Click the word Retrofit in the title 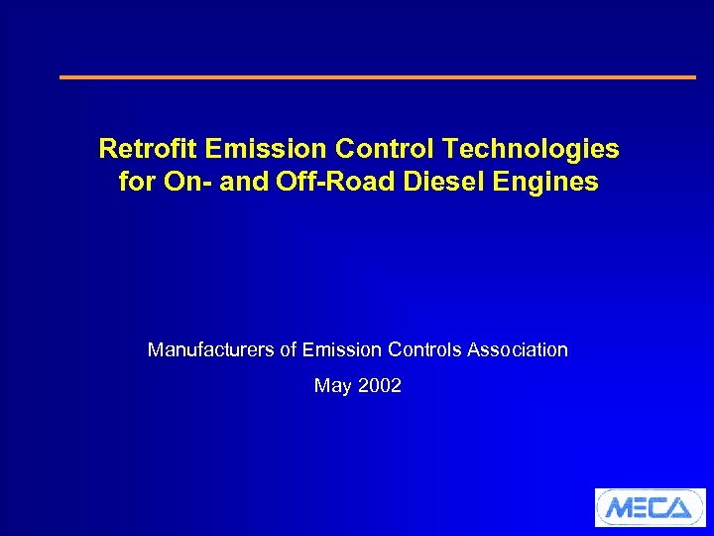[x=148, y=149]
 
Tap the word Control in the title [x=388, y=149]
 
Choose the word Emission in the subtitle [x=343, y=349]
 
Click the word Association [x=518, y=349]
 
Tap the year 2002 [x=379, y=386]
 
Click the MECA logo [x=650, y=507]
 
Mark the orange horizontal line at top [x=378, y=76]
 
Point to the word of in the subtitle [x=287, y=349]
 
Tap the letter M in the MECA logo [x=619, y=508]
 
